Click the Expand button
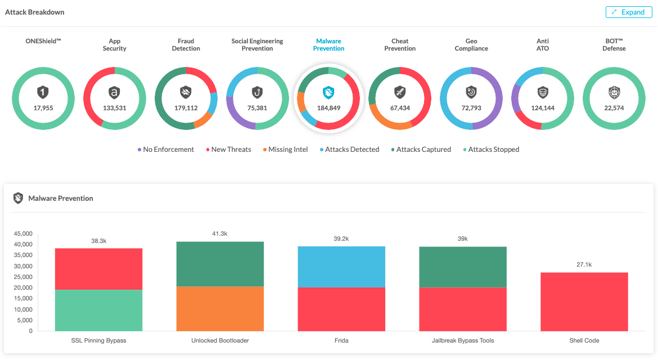[629, 12]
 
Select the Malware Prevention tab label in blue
[328, 45]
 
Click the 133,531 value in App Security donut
[115, 108]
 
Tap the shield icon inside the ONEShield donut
[43, 92]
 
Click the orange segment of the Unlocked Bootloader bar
[220, 309]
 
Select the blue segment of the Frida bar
[341, 267]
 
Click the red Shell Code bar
[584, 302]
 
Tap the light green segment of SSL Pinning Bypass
[98, 310]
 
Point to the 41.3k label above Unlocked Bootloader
[220, 233]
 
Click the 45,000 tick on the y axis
[23, 233]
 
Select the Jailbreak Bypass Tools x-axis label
[463, 341]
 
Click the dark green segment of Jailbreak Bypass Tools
[463, 267]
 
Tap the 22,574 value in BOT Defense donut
[613, 108]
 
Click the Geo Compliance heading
[471, 45]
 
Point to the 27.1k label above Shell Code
[584, 264]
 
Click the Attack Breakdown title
[35, 12]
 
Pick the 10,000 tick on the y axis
[23, 309]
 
